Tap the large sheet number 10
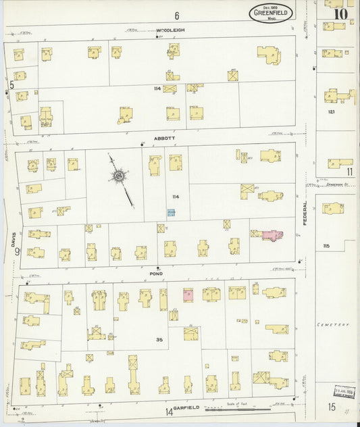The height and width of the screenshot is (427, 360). pyautogui.click(x=340, y=13)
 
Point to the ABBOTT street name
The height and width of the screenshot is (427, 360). pyautogui.click(x=164, y=138)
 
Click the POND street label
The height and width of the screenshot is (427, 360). pyautogui.click(x=157, y=274)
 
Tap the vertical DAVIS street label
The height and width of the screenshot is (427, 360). pyautogui.click(x=12, y=236)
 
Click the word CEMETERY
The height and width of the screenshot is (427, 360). pyautogui.click(x=333, y=325)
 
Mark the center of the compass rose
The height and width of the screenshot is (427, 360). pyautogui.click(x=119, y=177)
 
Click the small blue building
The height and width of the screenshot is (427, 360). pyautogui.click(x=172, y=213)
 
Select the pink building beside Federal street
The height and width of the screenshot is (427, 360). pyautogui.click(x=272, y=235)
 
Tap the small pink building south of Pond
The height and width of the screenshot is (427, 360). pyautogui.click(x=188, y=295)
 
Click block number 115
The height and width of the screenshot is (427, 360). pyautogui.click(x=326, y=246)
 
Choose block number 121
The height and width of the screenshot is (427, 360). pyautogui.click(x=331, y=111)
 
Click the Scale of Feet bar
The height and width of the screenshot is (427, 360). pyautogui.click(x=237, y=409)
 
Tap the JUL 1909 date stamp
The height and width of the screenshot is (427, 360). pyautogui.click(x=344, y=391)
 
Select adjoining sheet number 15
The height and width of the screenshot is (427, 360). pyautogui.click(x=332, y=407)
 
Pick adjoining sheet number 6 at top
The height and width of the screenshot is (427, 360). pyautogui.click(x=176, y=16)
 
